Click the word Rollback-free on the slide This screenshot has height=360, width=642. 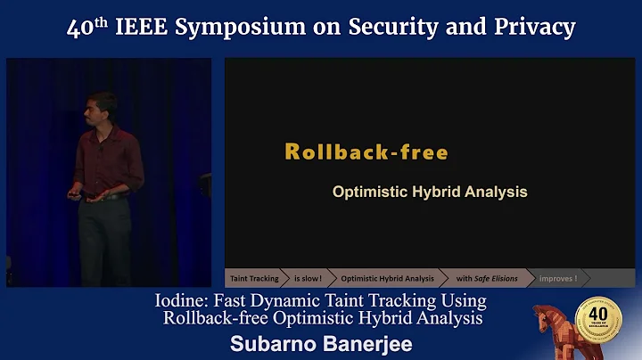[x=366, y=151]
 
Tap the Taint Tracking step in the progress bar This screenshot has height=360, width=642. [x=253, y=279]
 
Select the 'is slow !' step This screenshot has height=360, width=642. [x=308, y=279]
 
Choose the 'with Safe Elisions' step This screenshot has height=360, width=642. [x=486, y=279]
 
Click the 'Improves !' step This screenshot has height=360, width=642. [x=558, y=279]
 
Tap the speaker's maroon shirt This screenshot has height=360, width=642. [x=107, y=160]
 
